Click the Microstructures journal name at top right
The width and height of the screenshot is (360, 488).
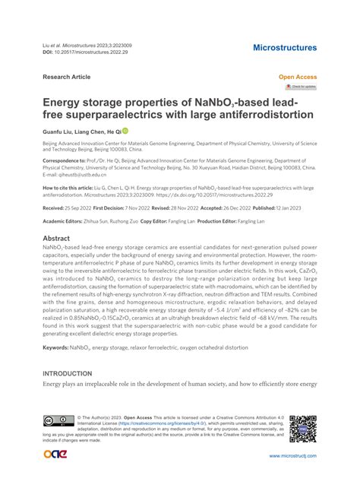(284, 48)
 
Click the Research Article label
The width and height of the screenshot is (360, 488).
(67, 77)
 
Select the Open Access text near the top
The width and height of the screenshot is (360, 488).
(298, 78)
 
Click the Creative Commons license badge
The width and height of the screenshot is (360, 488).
(58, 420)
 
